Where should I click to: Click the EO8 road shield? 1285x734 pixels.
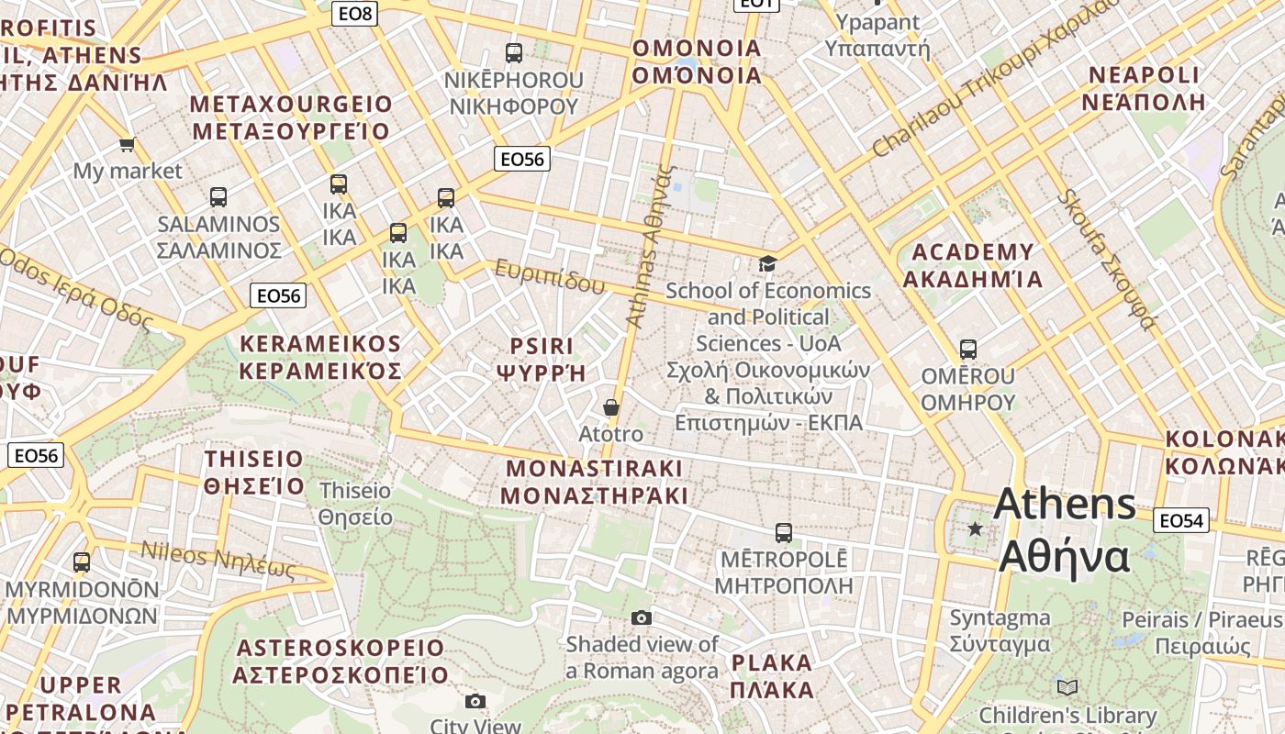point(355,13)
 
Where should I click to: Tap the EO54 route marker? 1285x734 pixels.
point(1180,520)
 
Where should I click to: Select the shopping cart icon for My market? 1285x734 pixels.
point(127,144)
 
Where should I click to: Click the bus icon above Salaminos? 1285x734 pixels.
point(218,196)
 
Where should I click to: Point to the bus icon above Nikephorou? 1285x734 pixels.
point(513,53)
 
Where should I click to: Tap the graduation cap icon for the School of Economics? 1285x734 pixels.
point(766,264)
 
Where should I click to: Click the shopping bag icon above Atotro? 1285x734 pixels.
point(611,407)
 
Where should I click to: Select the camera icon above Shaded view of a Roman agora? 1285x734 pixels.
point(642,617)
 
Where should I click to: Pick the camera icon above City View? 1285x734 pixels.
point(475,702)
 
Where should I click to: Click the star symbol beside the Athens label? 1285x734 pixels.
point(975,529)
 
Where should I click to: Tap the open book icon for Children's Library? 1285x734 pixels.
point(1067,687)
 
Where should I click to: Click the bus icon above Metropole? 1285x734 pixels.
point(783,532)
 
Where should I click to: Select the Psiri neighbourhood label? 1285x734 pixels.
point(541,359)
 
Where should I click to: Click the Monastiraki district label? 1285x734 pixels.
point(595,482)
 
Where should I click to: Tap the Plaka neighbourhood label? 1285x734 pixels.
point(772,675)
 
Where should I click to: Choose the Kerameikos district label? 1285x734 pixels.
point(320,357)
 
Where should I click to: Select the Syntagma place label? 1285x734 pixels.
point(999,630)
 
